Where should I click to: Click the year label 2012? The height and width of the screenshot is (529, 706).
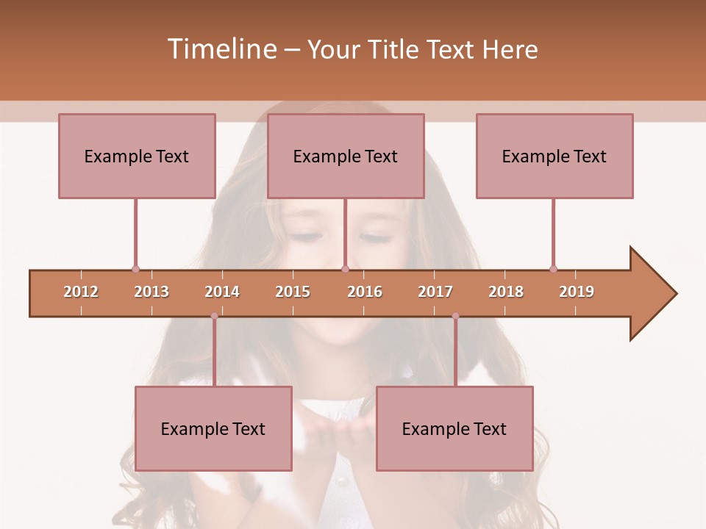pos(81,292)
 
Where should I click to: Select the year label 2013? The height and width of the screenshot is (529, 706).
pos(151,292)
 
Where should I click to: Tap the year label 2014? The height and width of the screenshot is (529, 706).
pos(222,292)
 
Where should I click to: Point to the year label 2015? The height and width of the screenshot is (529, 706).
pos(293,292)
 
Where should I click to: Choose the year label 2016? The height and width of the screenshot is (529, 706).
pos(365,292)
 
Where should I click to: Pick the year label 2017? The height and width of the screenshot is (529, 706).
pos(435,292)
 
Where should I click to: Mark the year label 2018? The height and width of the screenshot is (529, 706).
pos(506,292)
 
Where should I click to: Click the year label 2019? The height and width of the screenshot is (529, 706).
pos(577,292)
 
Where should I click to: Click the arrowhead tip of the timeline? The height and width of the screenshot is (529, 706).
pos(675,294)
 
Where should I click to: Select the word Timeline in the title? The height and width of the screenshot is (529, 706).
pos(221,49)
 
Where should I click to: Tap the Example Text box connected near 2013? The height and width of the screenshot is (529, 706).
pos(137,156)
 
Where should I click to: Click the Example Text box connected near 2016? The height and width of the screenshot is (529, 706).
pos(346,156)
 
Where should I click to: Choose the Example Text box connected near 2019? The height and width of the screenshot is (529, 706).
pos(555,156)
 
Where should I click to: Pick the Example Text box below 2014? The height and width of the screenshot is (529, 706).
pos(213,428)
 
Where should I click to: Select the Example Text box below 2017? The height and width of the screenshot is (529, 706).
pos(454,428)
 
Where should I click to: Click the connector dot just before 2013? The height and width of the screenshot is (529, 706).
pos(135,269)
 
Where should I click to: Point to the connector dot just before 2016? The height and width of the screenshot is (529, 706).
pos(345,269)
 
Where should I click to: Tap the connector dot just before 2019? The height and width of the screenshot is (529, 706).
pos(553,269)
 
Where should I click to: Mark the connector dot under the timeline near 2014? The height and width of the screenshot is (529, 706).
pos(214,316)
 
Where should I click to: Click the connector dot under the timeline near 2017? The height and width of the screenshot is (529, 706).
pos(455,316)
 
